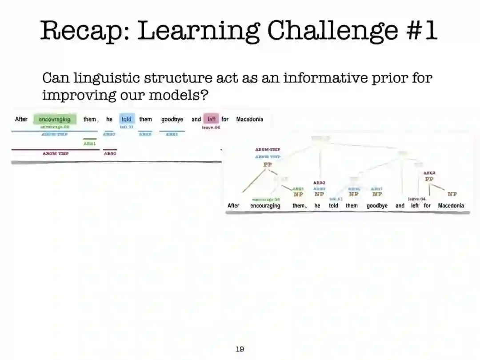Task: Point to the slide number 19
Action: (240, 349)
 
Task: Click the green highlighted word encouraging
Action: (55, 119)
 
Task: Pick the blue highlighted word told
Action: (127, 119)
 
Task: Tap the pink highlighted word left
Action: (212, 119)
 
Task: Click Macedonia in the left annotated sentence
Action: (249, 119)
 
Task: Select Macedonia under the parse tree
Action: (451, 205)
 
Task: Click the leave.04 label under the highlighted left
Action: (211, 128)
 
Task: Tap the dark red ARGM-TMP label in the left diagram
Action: (56, 153)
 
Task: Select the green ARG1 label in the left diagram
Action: (90, 144)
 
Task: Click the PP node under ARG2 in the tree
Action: (429, 179)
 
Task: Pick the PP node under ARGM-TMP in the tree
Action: (268, 164)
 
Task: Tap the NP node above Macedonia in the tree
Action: (452, 194)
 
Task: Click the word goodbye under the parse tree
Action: (377, 205)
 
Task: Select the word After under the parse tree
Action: (233, 205)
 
